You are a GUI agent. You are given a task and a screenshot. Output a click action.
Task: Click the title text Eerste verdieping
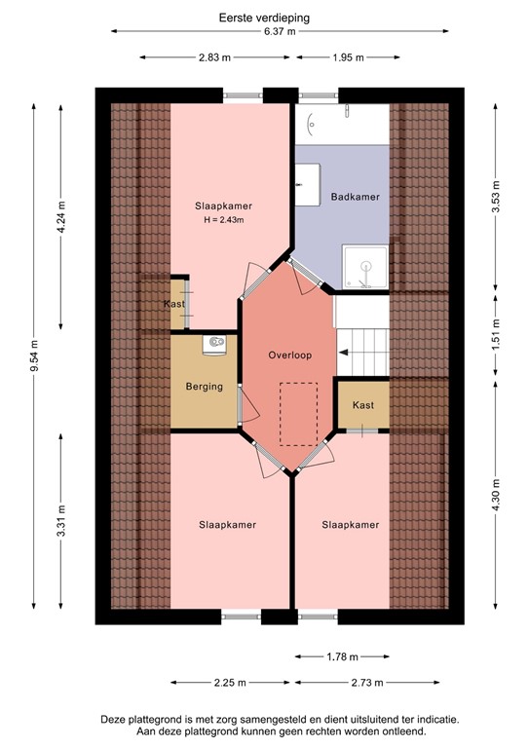coord(264,17)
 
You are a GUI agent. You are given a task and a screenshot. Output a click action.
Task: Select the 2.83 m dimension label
coord(215,57)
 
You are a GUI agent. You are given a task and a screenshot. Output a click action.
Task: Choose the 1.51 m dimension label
coord(497,333)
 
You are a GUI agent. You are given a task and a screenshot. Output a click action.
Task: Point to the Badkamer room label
coord(355,196)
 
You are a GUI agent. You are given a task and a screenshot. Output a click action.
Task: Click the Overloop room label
coord(289,355)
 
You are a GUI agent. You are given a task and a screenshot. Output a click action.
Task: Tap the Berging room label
coord(205,387)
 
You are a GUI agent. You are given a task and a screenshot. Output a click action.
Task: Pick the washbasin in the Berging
coord(214,343)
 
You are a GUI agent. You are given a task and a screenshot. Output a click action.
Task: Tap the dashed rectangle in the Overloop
coord(299,414)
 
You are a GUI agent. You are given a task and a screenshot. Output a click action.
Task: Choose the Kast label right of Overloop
coord(362,405)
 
